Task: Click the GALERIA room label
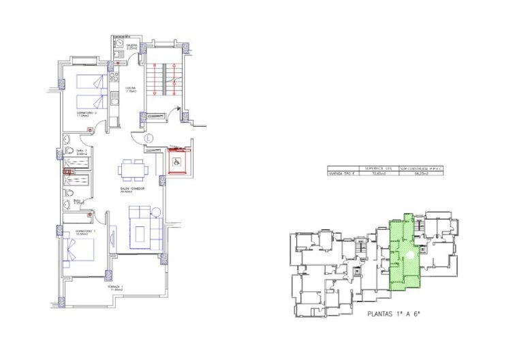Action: click(x=132, y=46)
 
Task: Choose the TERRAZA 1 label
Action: click(x=115, y=288)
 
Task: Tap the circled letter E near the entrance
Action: click(x=150, y=140)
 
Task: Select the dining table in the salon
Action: click(x=131, y=168)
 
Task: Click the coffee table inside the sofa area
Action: click(x=140, y=232)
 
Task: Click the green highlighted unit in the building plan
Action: click(x=403, y=252)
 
